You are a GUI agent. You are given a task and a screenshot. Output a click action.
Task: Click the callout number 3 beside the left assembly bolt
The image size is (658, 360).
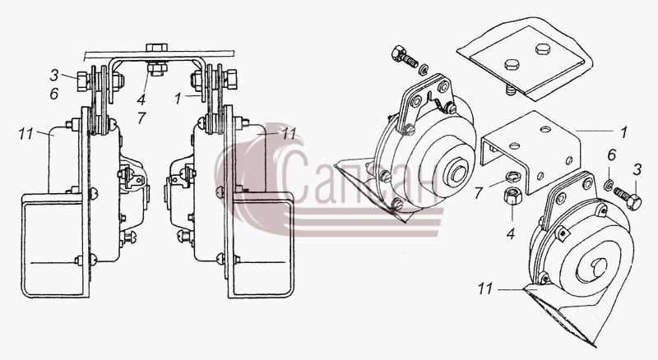click(x=53, y=76)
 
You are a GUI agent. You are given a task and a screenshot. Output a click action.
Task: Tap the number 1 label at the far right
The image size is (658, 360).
click(x=623, y=132)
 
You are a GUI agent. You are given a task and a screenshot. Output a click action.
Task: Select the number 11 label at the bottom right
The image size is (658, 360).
click(x=484, y=288)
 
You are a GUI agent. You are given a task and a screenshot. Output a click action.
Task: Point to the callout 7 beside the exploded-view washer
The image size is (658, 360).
click(x=479, y=193)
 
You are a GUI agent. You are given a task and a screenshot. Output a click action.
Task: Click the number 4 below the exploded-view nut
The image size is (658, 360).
click(x=510, y=233)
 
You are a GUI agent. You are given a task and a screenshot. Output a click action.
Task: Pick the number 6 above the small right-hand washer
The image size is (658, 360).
click(x=611, y=155)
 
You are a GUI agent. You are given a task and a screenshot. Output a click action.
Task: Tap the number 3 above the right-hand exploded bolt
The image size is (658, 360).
click(x=637, y=169)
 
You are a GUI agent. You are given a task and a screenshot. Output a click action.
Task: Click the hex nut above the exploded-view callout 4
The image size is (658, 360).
click(x=512, y=196)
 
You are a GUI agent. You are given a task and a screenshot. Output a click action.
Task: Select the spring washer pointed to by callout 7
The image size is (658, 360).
click(x=513, y=177)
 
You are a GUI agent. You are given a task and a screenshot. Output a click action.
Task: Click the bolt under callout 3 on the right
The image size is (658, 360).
click(x=628, y=198)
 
